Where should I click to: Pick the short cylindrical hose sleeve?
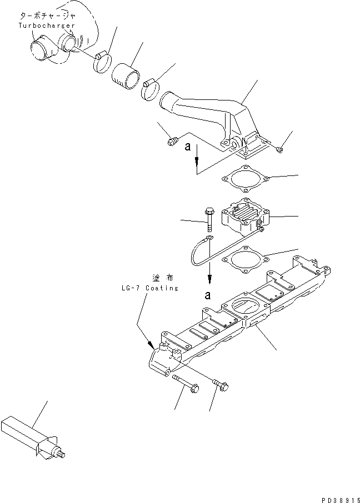(x=126, y=73)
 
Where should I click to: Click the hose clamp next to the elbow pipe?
(x=149, y=90)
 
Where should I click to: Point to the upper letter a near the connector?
(x=189, y=148)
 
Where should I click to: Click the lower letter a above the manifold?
(x=208, y=295)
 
